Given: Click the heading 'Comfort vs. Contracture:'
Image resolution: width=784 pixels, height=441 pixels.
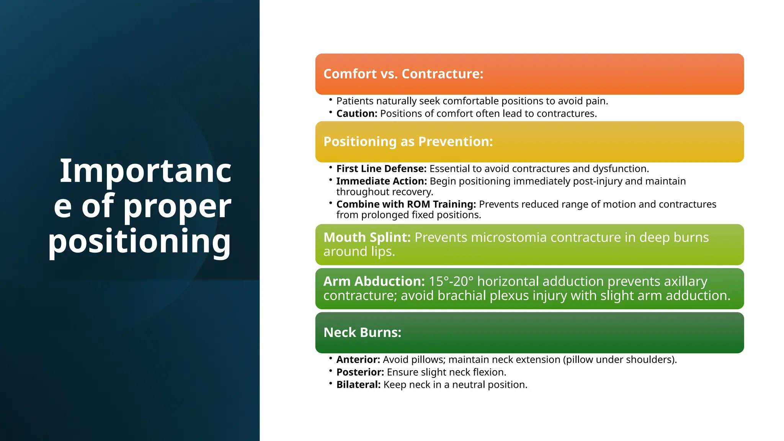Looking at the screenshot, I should [403, 74].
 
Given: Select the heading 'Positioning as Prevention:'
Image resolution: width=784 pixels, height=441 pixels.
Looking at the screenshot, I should [408, 142].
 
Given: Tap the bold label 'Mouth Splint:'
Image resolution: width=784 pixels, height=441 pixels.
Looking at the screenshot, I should [367, 237].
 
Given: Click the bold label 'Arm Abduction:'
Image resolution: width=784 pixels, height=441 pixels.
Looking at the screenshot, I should [374, 281].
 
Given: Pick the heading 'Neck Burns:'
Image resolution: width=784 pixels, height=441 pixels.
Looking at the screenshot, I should [362, 332].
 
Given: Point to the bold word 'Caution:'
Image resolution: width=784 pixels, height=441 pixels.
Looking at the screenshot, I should [357, 114].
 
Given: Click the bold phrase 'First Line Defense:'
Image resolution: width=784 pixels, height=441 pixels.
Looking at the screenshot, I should [381, 169].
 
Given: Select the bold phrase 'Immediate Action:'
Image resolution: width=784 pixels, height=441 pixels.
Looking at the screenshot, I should [381, 181].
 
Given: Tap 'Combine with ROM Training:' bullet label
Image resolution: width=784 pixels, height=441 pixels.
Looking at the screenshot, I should [406, 204].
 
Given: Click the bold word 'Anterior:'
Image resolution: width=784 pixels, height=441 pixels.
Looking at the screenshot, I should [358, 360].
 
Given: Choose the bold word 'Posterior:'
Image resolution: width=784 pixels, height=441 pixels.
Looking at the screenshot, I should [360, 372].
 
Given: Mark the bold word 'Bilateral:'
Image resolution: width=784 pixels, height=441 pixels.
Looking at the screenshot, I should [358, 385].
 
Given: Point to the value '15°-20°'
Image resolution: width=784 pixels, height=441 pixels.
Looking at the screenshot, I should [451, 281].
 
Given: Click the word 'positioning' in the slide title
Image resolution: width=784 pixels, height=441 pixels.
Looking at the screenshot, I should [139, 241].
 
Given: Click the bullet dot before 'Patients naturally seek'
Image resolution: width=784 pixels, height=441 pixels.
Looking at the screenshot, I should [330, 100].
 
